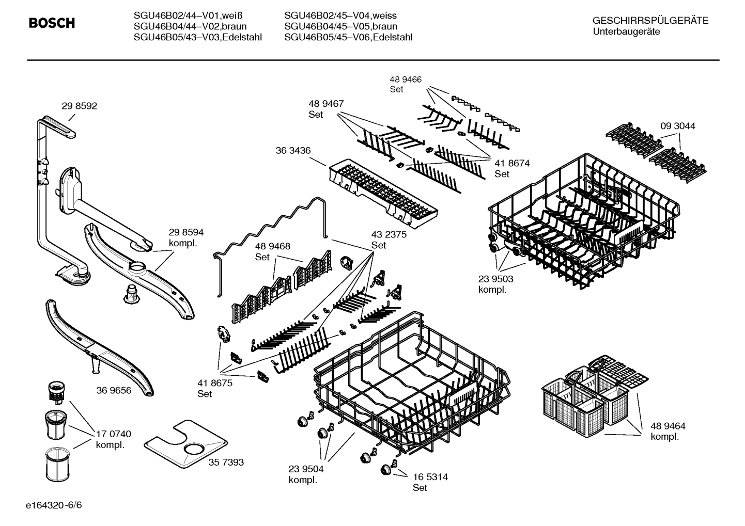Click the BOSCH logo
coord(52,23)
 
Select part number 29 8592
coord(79,106)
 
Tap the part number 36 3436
coord(293,150)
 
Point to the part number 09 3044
coord(677,126)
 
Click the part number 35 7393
coord(226,463)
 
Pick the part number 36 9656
coord(114,390)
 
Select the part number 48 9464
coord(668,426)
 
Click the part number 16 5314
coord(430,477)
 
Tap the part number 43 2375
coord(389,234)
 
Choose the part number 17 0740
coord(113,434)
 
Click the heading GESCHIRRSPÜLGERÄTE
coord(650,21)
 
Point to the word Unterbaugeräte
coord(626,31)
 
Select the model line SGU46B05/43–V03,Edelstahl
coord(197,37)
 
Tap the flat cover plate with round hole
coord(186,444)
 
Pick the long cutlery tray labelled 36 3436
coord(382,194)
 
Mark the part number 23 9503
coord(495,279)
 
